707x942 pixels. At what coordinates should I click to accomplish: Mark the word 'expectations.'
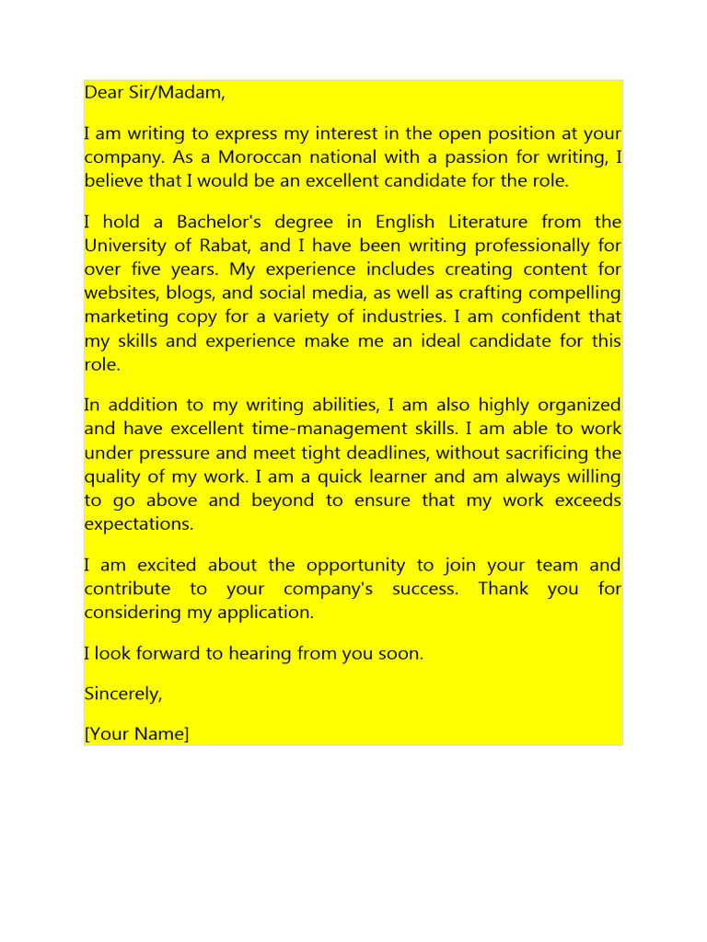tap(139, 525)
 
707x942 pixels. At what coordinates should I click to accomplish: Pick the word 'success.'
tap(424, 589)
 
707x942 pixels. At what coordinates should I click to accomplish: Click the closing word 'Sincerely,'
tap(123, 695)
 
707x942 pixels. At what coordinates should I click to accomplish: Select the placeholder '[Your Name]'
tap(136, 734)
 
